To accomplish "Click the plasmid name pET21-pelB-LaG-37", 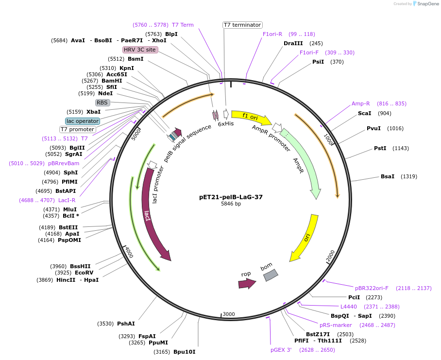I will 231,197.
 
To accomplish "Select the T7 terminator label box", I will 242,25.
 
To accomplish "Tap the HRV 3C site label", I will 140,50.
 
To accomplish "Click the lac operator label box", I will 83,121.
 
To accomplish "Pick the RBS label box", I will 102,103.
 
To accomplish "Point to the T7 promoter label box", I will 77,129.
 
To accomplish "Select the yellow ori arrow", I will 305,238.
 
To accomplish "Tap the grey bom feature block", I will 270,275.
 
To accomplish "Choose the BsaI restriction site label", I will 388,176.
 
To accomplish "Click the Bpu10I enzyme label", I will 184,352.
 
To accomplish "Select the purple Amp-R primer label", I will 360,103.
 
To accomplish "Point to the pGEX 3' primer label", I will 281,350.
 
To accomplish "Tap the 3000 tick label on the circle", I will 229,314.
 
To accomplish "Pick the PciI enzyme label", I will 354,297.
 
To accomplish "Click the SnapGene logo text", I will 428,4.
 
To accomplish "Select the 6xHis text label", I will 225,124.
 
